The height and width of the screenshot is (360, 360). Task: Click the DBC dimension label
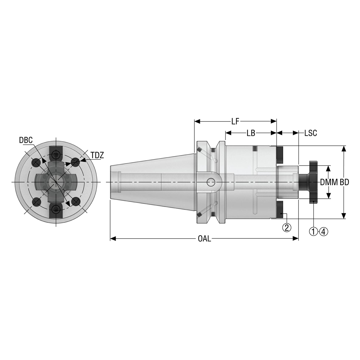[x=26, y=140]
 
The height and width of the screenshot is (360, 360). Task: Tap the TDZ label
[x=97, y=155]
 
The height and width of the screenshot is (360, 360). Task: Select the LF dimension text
[x=235, y=121]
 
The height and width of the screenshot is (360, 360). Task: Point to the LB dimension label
[x=251, y=133]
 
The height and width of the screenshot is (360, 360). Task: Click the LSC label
[x=310, y=133]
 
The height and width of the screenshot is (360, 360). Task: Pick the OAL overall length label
[x=204, y=239]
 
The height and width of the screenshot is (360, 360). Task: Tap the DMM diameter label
[x=329, y=183]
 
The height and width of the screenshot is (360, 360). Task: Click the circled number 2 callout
[x=287, y=227]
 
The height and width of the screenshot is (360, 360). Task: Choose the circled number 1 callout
[x=313, y=231]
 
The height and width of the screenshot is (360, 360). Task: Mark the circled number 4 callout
[x=324, y=231]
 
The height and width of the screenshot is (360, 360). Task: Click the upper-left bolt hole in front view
[x=36, y=162]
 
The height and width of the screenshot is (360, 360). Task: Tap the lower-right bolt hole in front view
[x=76, y=202]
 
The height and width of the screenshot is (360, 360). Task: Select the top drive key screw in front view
[x=56, y=154]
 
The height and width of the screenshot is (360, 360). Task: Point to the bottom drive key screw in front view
[x=56, y=209]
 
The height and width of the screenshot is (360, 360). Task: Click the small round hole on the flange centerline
[x=210, y=183]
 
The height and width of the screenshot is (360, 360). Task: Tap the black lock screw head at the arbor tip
[x=313, y=182]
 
